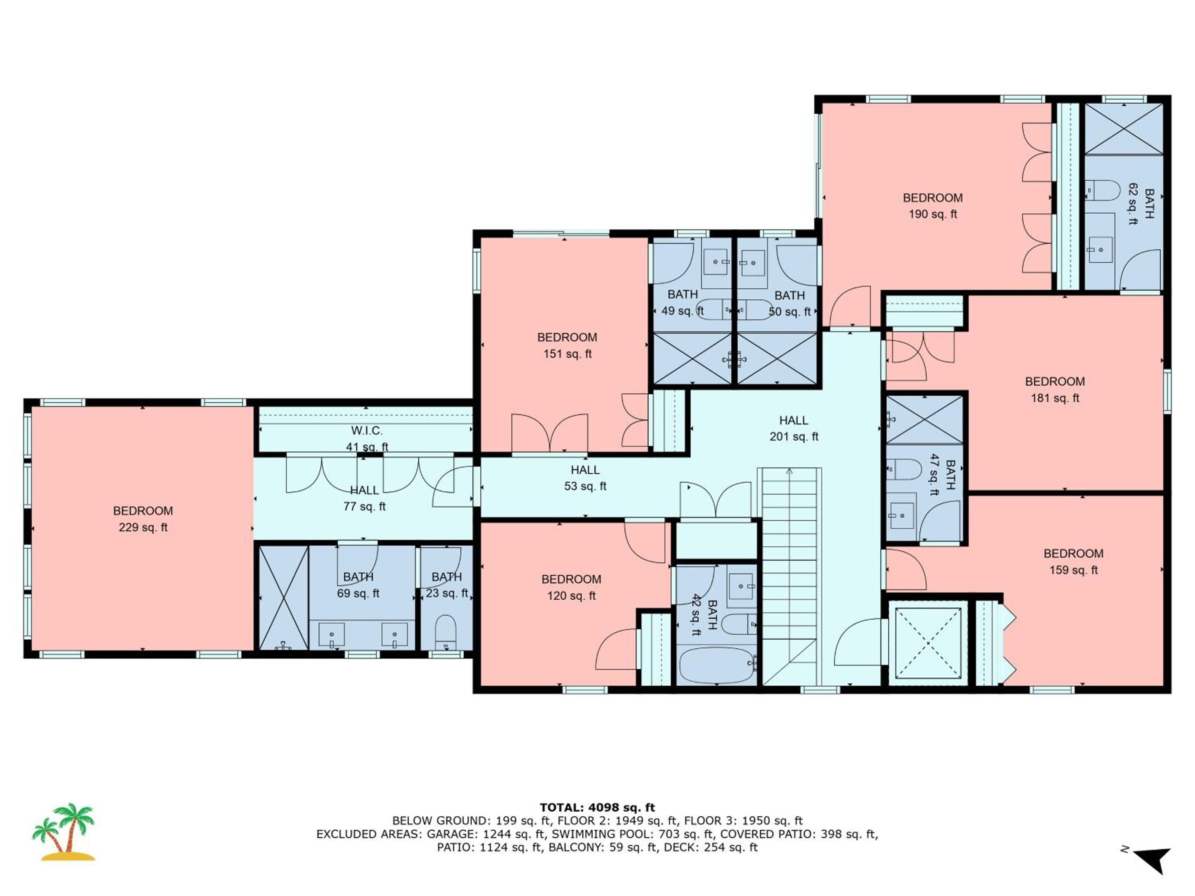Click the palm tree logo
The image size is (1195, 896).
click(64, 832)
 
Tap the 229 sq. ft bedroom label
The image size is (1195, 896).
click(143, 519)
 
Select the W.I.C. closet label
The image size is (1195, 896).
click(367, 431)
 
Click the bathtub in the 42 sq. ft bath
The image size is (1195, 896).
click(716, 665)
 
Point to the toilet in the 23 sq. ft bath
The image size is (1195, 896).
click(446, 632)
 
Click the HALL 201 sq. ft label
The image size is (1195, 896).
click(793, 428)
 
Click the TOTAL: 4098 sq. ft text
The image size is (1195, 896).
click(597, 808)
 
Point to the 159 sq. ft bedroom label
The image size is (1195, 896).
click(1074, 561)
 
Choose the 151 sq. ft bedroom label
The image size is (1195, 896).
click(567, 346)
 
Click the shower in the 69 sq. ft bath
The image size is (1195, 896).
click(284, 598)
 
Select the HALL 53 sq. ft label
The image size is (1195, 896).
click(585, 478)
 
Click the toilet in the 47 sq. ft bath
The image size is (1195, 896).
click(904, 470)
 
